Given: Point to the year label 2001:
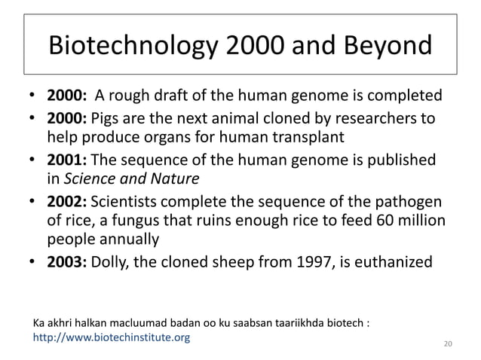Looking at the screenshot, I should tap(69, 162).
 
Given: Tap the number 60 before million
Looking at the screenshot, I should tap(376, 221).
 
